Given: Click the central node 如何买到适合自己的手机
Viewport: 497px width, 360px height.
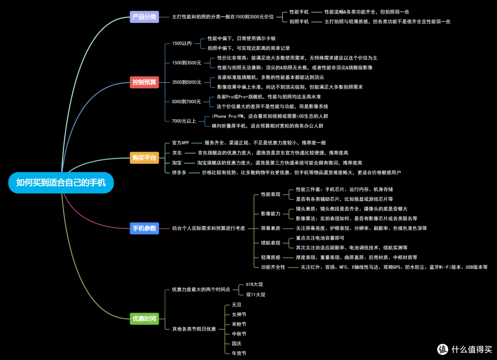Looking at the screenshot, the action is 61,183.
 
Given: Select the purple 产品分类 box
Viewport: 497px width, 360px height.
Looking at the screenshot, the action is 144,17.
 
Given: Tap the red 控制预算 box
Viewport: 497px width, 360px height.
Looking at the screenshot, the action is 144,82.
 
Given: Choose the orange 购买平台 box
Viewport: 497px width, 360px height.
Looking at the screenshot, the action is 144,157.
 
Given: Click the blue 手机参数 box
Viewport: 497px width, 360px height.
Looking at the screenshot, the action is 144,228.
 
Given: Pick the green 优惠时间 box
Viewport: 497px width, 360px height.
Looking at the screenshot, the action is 144,319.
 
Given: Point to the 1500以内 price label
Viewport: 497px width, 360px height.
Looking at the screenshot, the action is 182,43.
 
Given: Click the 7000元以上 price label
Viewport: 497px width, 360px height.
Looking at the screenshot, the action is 184,121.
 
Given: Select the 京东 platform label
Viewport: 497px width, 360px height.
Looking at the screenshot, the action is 177,153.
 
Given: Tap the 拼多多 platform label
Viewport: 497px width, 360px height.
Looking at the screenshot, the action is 179,173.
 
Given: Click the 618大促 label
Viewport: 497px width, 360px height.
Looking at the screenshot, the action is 254,285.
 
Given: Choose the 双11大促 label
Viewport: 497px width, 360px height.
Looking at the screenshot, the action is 255,295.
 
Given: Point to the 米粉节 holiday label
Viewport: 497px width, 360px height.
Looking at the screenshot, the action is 239,324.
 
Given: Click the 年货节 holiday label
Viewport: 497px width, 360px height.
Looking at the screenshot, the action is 239,354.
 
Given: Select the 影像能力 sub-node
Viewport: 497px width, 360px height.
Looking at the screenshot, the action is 271,214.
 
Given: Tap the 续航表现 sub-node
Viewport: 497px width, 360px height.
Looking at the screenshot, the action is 271,243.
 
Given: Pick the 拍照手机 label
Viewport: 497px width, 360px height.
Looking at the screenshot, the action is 299,22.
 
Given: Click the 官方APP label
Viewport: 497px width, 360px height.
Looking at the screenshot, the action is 180,143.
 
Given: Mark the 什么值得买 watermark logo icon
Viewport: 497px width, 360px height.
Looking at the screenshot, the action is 443,349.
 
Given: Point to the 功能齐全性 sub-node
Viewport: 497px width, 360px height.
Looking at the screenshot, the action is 273,267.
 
